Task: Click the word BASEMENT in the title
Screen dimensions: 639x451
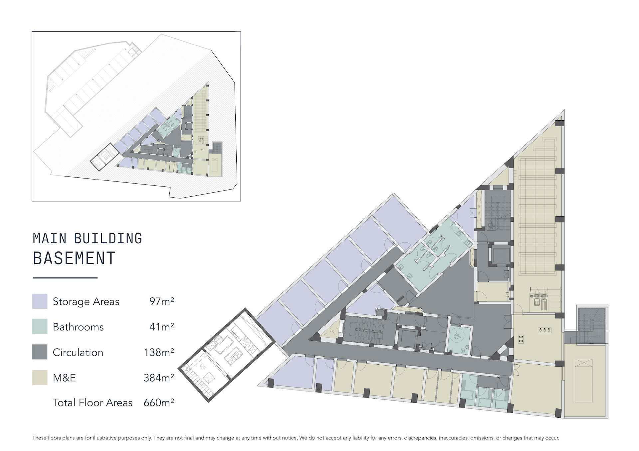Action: point(74,258)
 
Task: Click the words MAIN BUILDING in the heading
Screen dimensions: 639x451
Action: point(88,238)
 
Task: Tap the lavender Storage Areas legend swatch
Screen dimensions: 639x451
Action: point(40,301)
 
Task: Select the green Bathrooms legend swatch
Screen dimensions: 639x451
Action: point(40,326)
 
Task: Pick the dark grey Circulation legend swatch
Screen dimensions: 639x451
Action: point(40,352)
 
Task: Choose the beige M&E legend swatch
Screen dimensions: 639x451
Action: point(40,377)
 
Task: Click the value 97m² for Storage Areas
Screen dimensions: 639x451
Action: point(162,301)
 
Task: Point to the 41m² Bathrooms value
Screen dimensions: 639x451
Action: point(162,327)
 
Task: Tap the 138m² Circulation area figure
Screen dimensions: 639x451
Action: point(159,352)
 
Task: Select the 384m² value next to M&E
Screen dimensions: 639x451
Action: point(159,378)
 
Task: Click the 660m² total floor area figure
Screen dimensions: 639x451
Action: point(159,402)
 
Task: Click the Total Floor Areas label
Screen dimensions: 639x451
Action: point(93,402)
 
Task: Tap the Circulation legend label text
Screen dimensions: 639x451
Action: point(78,352)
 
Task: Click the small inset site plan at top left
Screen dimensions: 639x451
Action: point(136,116)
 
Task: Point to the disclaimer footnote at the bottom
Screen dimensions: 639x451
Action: point(296,438)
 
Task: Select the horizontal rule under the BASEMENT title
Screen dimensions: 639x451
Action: point(65,278)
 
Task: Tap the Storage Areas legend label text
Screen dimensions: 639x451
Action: point(86,301)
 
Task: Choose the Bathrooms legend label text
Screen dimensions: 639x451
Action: point(78,327)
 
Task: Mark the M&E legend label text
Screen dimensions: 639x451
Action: point(64,378)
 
